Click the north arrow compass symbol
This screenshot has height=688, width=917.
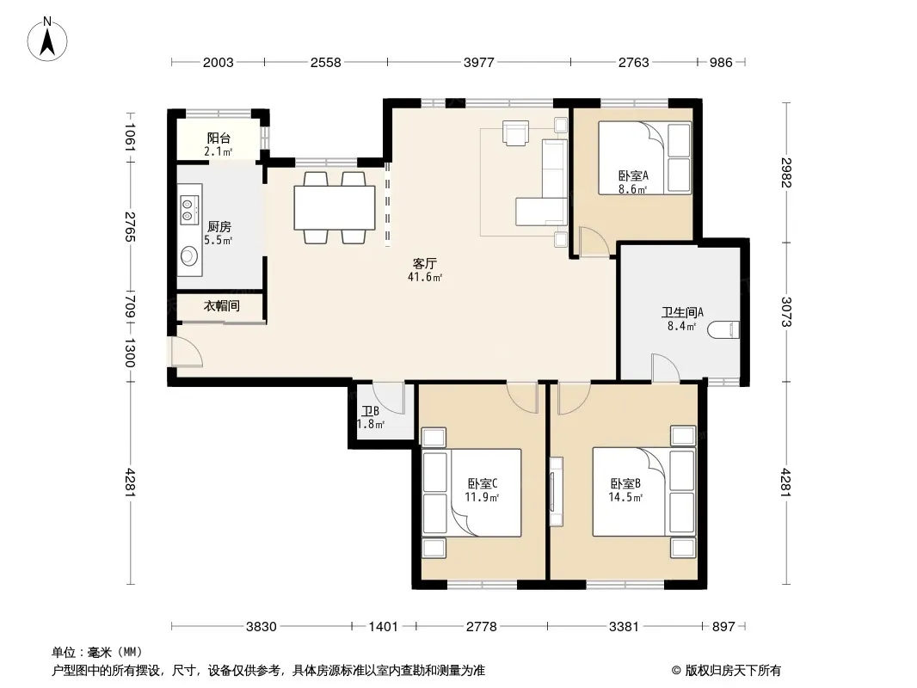47,40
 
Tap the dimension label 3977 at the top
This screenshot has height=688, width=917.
479,62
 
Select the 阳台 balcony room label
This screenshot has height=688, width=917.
218,138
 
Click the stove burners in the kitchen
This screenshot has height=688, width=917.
188,210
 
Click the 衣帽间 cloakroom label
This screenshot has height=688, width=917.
222,305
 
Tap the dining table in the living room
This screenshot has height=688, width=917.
335,207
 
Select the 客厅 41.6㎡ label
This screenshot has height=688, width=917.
425,270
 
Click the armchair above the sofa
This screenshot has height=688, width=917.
515,132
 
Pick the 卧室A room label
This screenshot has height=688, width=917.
633,175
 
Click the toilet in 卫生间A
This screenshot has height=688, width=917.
723,329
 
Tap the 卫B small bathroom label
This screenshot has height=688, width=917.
370,411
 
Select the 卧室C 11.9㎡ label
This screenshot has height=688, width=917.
482,490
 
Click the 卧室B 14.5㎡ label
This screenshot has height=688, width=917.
625,490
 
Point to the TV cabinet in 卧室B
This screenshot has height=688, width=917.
556,492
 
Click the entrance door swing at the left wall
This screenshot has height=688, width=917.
187,352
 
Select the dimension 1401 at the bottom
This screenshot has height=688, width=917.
383,627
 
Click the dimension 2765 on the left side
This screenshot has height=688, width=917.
130,227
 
